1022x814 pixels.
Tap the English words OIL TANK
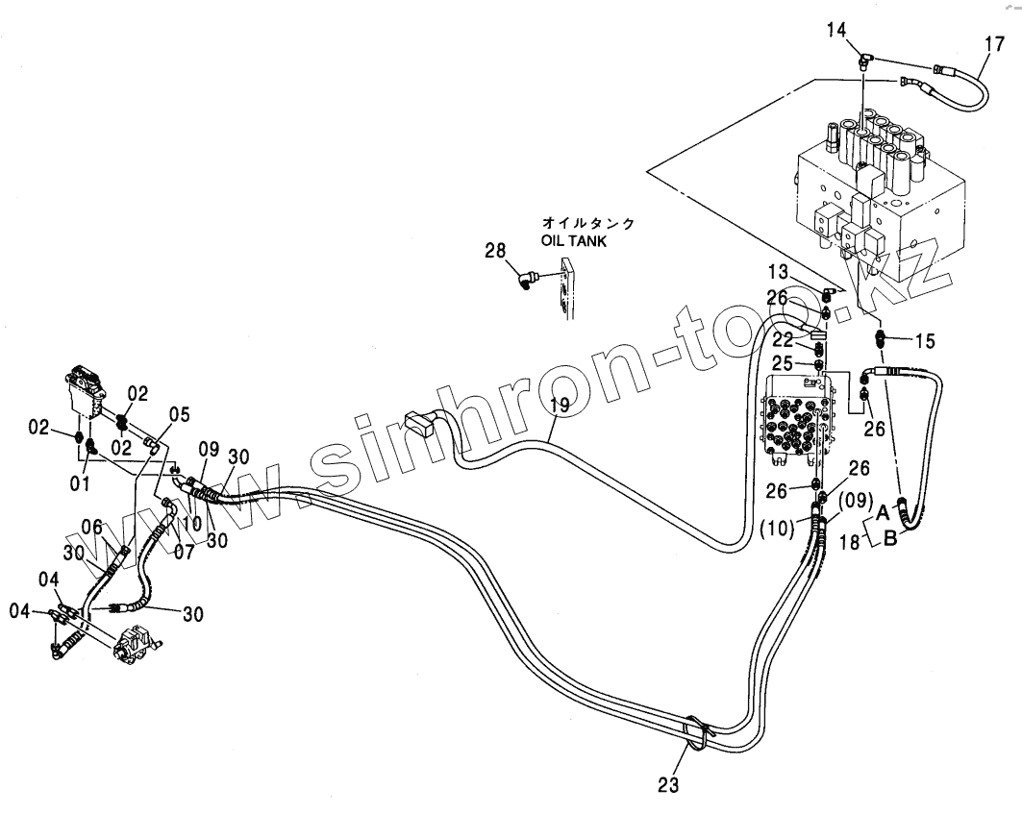[x=574, y=242]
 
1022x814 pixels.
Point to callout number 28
[x=495, y=252]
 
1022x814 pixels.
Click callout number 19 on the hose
[x=559, y=406]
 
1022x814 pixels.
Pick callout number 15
[x=924, y=340]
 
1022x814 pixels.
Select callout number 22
[x=785, y=339]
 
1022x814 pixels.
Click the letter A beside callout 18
[x=882, y=511]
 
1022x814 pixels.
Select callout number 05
[x=180, y=415]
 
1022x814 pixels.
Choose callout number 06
[x=90, y=527]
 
